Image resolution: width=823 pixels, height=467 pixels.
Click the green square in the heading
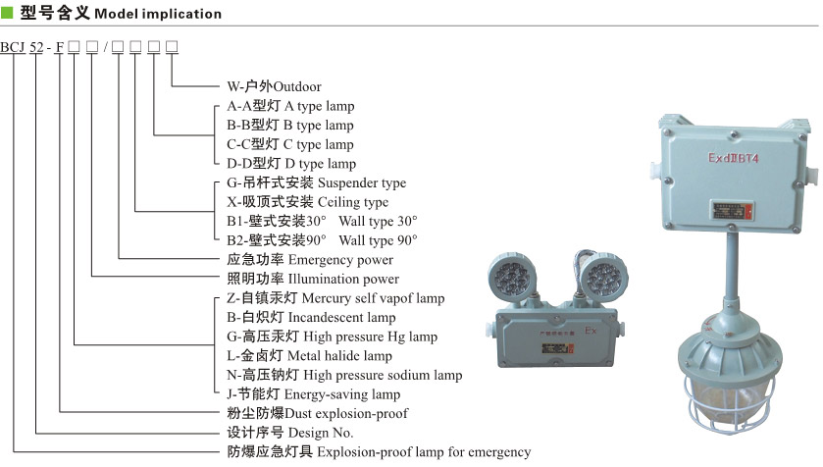click(x=8, y=14)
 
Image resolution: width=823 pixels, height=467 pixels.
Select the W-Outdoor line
click(x=274, y=86)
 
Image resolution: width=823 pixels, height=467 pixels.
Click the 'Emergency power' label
click(x=340, y=260)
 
